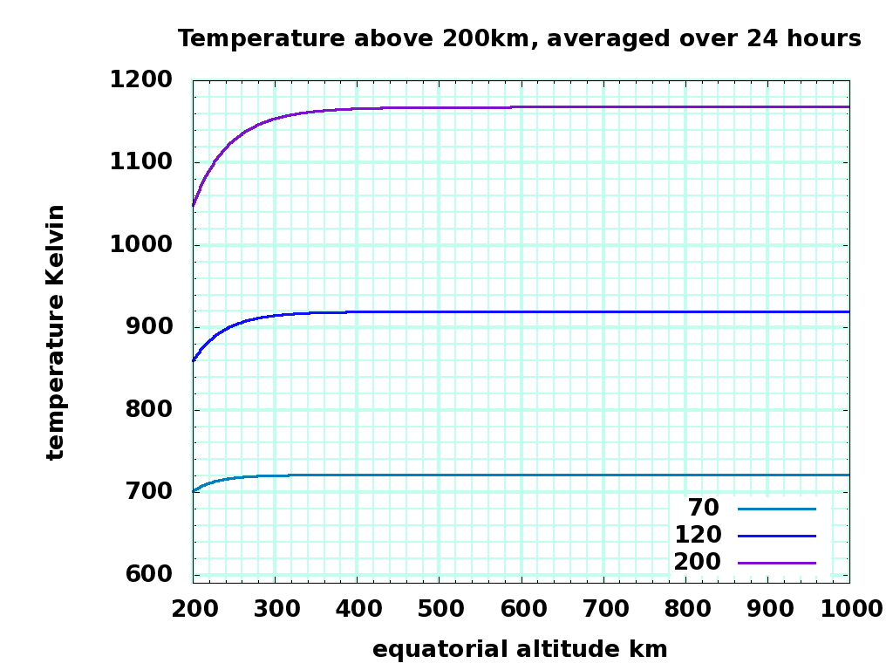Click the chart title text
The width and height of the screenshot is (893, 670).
tap(520, 38)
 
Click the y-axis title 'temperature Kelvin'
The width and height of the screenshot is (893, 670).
tap(56, 332)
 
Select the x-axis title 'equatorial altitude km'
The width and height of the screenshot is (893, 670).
tap(520, 649)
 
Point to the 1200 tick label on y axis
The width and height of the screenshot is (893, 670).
tap(140, 80)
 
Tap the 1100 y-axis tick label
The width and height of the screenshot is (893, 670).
tap(140, 162)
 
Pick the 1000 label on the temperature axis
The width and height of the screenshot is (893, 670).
tap(140, 245)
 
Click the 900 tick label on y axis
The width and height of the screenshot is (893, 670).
tap(149, 327)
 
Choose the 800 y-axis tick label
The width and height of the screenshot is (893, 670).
tap(149, 410)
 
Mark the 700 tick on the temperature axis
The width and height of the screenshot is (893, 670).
tap(149, 492)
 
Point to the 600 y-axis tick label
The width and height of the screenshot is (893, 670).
tap(149, 574)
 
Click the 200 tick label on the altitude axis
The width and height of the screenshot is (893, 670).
tap(193, 611)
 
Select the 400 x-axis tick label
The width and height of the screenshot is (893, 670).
tap(357, 611)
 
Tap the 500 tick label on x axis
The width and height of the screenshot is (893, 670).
tap(439, 611)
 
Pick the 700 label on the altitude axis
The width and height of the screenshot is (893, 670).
tap(603, 611)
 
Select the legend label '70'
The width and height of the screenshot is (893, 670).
tap(704, 508)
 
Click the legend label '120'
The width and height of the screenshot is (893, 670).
tap(698, 535)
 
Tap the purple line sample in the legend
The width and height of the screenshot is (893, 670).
tap(776, 563)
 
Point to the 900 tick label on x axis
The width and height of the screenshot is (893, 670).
tap(767, 611)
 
